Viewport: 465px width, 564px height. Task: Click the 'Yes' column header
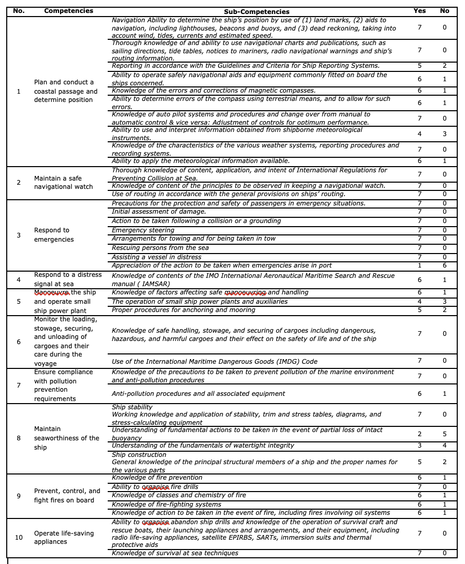coord(419,11)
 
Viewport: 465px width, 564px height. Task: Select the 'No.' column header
coord(19,11)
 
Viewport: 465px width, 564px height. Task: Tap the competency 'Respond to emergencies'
coord(51,234)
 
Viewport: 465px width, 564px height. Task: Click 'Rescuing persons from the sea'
coord(160,248)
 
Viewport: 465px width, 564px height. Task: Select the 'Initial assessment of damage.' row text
coord(158,212)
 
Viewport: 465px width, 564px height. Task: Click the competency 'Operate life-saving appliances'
coord(64,537)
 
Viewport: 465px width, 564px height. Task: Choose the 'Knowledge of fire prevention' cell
coord(157,478)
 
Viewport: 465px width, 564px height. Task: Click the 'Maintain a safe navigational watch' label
coord(63,182)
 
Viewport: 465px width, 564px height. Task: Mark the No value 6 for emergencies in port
coord(444,265)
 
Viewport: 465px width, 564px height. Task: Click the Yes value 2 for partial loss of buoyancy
coord(419,434)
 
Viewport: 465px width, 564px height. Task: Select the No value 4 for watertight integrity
coord(444,446)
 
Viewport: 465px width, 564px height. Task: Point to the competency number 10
coord(19,537)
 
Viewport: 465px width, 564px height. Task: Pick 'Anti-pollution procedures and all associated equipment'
coord(198,394)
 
